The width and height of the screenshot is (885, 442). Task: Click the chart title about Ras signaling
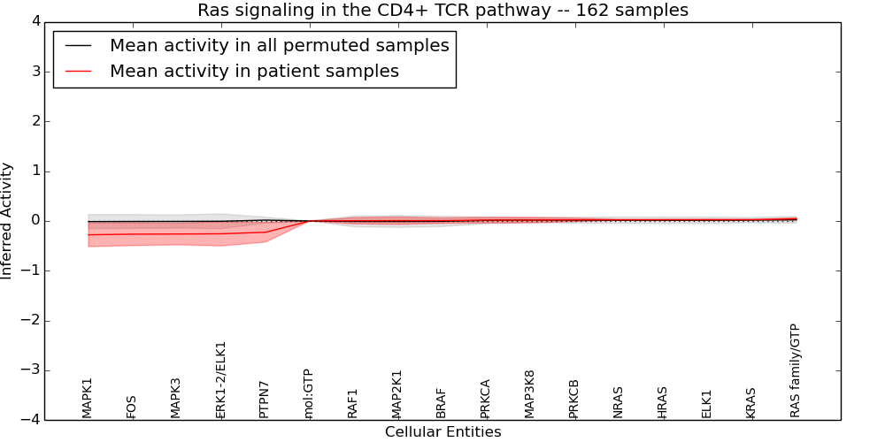coord(442,11)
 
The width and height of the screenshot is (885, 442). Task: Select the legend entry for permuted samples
coord(279,46)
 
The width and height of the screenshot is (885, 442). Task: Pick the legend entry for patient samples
coord(254,72)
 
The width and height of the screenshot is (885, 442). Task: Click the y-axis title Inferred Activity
coord(7,221)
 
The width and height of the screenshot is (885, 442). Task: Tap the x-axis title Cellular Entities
coord(442,432)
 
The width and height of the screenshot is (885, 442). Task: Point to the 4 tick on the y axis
coord(34,21)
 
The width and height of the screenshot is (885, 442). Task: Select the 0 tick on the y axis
coord(34,221)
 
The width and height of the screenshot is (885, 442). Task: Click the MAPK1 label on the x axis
coord(88,398)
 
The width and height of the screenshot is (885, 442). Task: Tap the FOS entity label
coord(132,407)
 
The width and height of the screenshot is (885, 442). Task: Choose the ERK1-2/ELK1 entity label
coord(221,380)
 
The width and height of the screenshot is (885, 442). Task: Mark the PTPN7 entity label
coord(265,399)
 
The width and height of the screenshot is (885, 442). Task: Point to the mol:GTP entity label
coord(309,393)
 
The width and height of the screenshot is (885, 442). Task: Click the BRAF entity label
coord(442,403)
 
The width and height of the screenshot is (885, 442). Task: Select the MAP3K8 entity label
coord(530,394)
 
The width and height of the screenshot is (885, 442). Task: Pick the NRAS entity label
coord(619,402)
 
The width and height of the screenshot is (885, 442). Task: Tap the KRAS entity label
coord(751,403)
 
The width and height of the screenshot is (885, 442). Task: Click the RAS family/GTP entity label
coord(795,370)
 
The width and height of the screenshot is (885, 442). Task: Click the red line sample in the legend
coord(79,72)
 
